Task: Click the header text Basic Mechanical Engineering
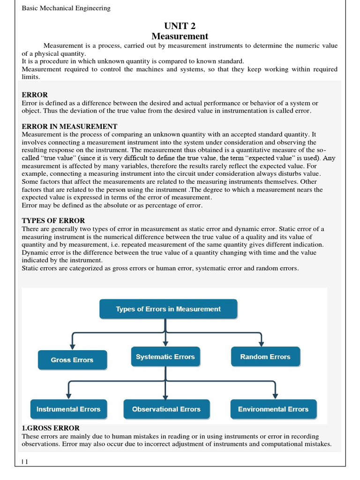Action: coord(66,8)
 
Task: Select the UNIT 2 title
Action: coord(180,26)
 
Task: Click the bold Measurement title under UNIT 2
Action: coord(180,36)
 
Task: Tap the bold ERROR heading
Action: coord(35,95)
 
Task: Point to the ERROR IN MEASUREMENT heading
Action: coord(69,127)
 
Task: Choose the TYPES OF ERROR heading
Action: coord(53,221)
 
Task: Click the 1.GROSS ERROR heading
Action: coord(51,427)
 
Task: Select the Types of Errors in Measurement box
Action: coord(168,309)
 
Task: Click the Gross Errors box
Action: coord(72,360)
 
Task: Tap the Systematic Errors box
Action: coord(165,357)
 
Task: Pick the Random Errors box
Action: coord(265,357)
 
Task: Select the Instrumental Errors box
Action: coord(68,409)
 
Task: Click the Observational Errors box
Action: coord(166,409)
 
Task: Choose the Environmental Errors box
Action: coord(273,409)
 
